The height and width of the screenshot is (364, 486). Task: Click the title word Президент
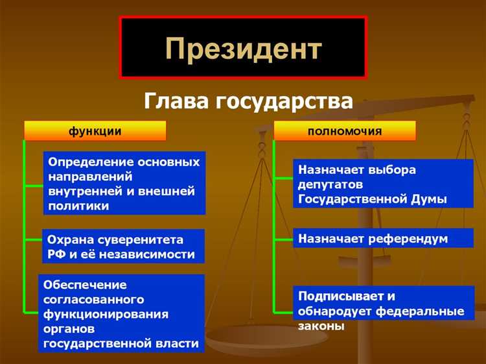pos(243,48)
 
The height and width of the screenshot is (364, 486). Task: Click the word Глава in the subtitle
pos(174,101)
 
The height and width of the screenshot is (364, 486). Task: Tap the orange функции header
pos(95,131)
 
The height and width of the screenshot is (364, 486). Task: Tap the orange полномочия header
pos(344,131)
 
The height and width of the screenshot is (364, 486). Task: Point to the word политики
pos(78,206)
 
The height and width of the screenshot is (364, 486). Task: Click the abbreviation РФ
pos(56,254)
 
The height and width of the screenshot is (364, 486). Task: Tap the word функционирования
pos(106,314)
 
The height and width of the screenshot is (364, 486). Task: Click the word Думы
pos(429,199)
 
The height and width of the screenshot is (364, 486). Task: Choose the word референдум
pos(408,239)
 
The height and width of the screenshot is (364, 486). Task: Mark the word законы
pos(321,326)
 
